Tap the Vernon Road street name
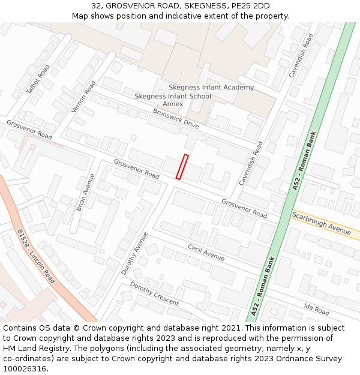point(83,97)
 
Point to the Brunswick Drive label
point(176,118)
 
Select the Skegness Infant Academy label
point(211,88)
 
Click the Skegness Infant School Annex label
point(173,100)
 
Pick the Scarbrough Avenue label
point(322,223)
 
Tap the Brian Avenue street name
point(85,192)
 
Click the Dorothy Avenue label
point(134,253)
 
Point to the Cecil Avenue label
point(206,253)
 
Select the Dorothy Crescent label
point(154,293)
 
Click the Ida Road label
point(316,310)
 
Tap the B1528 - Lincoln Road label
point(36,256)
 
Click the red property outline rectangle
point(182,167)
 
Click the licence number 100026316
point(26,368)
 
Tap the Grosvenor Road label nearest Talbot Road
point(29,130)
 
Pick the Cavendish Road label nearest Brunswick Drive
point(251,163)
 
